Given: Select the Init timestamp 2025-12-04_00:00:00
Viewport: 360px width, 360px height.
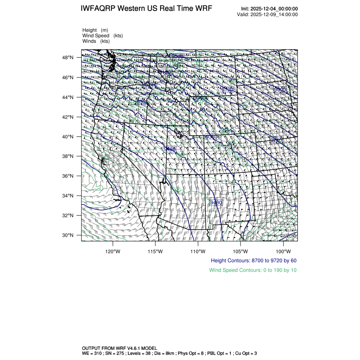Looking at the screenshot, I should click(274, 9).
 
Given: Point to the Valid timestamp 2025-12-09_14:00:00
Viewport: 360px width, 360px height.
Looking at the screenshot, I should click(274, 14).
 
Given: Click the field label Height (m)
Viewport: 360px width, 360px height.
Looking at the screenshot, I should click(95, 30).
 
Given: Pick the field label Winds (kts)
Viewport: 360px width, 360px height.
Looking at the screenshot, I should click(96, 41).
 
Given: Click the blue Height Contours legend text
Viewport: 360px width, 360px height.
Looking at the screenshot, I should click(254, 260).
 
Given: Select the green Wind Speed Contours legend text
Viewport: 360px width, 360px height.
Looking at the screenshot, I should click(253, 270).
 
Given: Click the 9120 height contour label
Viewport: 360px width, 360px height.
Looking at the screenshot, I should click(228, 89).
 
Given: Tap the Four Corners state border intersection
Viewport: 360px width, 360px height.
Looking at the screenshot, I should click(206, 174).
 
